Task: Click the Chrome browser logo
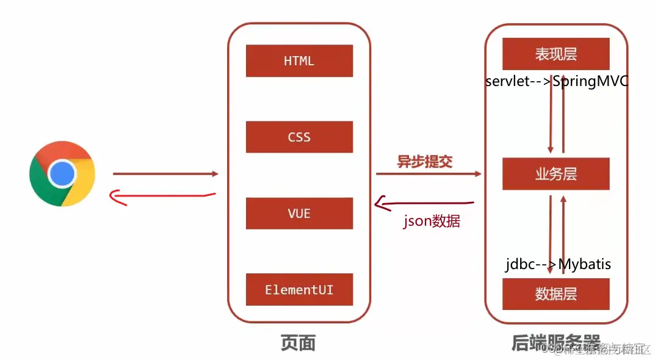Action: coord(62,174)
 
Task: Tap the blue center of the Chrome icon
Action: coord(62,174)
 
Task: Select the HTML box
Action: coord(299,61)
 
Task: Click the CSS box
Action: coord(299,137)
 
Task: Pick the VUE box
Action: coord(299,213)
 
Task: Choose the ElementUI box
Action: coord(299,289)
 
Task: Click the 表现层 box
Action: coord(555,54)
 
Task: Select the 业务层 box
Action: coord(555,174)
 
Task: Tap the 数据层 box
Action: coord(555,293)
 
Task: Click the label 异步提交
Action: coord(425,162)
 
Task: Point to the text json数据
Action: coord(432,221)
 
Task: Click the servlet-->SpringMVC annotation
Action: coord(556,81)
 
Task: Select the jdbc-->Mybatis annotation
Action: coord(558,264)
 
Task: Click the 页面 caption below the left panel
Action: coord(298,343)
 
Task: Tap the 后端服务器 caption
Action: coord(555,342)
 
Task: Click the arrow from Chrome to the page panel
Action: coord(165,174)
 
